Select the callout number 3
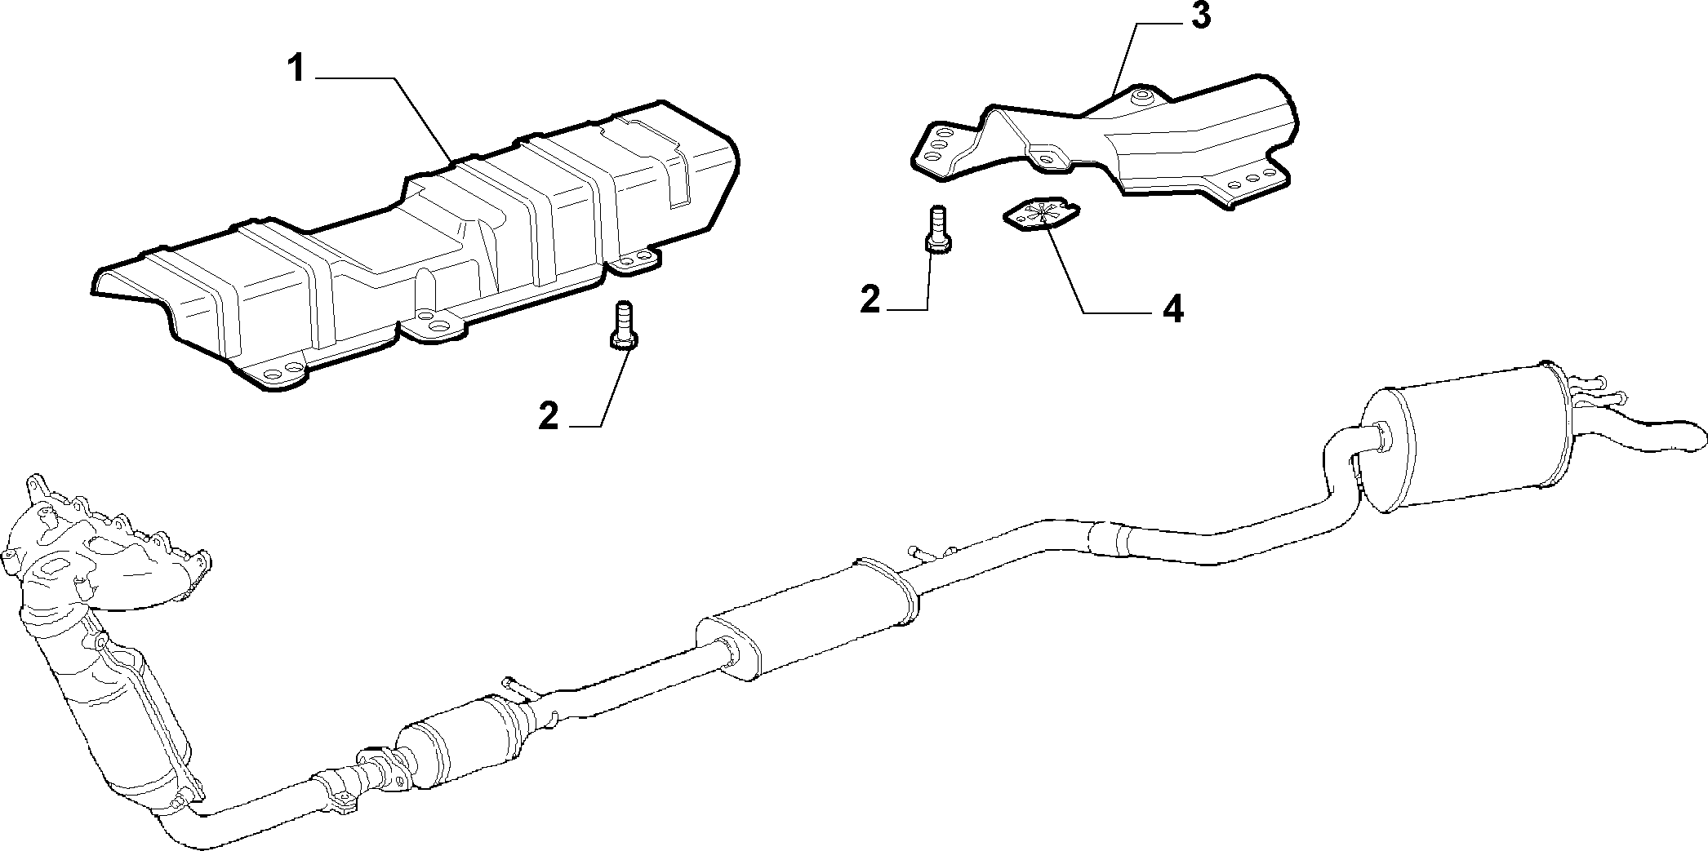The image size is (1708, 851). click(x=1199, y=17)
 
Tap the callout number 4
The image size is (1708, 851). click(x=1173, y=309)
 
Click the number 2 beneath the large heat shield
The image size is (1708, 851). click(x=549, y=417)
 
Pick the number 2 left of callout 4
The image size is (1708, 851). click(x=870, y=300)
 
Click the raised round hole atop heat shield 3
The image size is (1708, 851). click(x=1141, y=99)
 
